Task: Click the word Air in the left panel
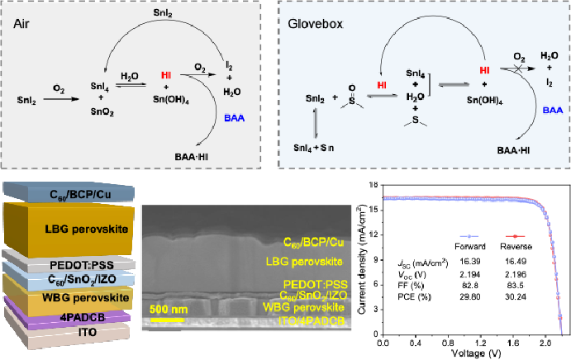21,24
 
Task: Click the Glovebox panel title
316,24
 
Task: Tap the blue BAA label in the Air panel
234,118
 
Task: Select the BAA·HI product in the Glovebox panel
513,150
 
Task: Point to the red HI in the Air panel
166,75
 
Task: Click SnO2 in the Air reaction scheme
102,112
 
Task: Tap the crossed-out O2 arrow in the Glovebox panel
517,69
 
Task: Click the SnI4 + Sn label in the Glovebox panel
313,148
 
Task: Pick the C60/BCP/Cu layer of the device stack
69,192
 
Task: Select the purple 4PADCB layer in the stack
68,315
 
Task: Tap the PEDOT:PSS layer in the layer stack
69,262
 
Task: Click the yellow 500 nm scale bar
167,320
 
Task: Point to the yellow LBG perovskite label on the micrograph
304,262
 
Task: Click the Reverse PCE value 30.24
516,296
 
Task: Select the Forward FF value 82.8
470,286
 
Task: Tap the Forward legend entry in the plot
469,242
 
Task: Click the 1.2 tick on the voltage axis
481,343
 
